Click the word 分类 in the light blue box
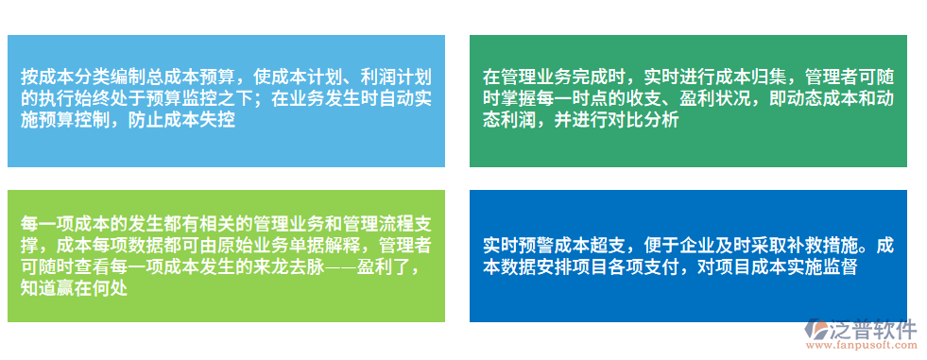tap(95, 77)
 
